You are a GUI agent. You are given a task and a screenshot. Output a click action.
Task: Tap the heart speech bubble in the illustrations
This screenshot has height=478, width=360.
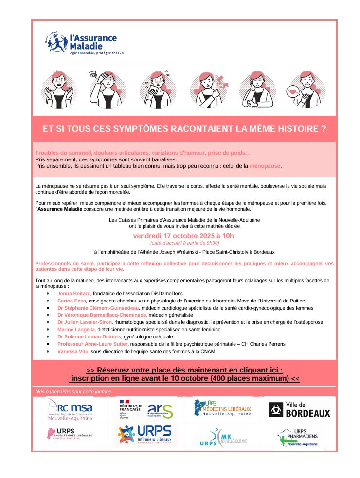(292, 91)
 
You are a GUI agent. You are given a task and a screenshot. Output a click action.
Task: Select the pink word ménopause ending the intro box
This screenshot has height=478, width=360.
(265, 166)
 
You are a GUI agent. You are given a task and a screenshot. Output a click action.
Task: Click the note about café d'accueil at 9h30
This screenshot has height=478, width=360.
(184, 243)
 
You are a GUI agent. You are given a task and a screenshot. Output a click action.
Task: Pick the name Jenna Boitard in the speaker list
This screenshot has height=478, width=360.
(74, 294)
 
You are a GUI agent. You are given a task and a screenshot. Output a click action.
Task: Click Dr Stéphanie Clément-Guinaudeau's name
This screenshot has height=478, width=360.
(98, 308)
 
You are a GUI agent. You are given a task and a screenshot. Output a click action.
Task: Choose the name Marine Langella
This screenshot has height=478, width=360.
(76, 329)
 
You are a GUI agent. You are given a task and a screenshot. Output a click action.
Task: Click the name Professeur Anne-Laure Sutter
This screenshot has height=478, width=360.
(92, 344)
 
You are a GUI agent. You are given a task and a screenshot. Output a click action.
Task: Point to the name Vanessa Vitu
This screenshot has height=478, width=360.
(72, 351)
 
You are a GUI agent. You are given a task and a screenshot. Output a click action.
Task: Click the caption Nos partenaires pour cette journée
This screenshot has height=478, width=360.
(73, 391)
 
